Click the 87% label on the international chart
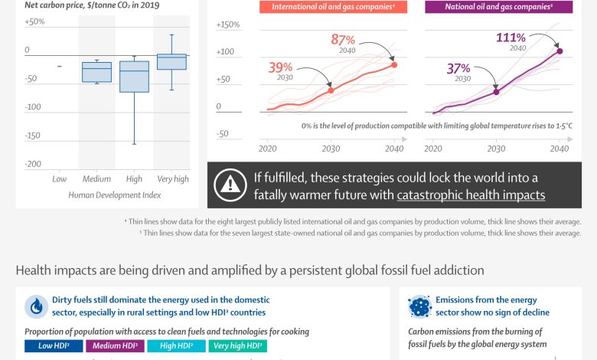pos(343,40)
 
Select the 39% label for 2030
pos(281,68)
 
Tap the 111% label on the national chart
pos(510,38)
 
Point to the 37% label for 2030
pos(458,69)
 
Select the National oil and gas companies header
pos(498,7)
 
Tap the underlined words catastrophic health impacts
pos(471,195)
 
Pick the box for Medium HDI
pos(96,72)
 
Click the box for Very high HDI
pos(172,61)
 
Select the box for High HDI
pos(134,77)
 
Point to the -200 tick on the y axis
pos(32,164)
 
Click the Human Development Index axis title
pos(116,195)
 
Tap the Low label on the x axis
pos(59,178)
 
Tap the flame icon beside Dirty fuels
pos(36,306)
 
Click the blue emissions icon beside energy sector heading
pos(420,306)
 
